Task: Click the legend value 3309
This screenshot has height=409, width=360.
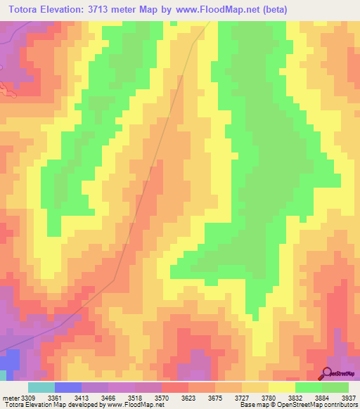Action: (x=28, y=397)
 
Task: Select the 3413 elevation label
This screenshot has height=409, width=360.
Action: (x=91, y=397)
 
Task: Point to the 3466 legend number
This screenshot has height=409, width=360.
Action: (x=117, y=397)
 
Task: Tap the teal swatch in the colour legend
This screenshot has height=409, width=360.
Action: (x=41, y=387)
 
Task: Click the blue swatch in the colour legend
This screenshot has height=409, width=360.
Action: (x=68, y=387)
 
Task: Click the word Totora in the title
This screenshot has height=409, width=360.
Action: (x=26, y=10)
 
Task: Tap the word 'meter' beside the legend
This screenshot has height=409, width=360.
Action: (x=11, y=397)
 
